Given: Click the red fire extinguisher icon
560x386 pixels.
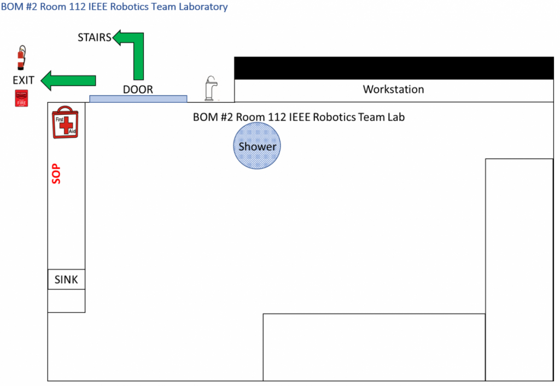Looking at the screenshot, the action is [21, 57].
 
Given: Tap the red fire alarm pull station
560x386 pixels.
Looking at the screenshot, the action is [21, 98].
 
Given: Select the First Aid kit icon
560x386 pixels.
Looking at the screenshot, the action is [66, 122].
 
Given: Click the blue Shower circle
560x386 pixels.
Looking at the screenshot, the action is [257, 145].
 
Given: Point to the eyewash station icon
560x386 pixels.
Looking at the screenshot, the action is [211, 88].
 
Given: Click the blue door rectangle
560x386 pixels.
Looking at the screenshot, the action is [138, 99].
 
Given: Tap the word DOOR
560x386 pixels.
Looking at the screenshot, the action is [138, 89].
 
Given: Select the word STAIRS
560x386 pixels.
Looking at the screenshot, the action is [95, 38].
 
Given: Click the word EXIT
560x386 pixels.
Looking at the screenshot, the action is [24, 80].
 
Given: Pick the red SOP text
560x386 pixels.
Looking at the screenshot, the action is [56, 174].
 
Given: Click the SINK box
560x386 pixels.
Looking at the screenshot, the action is [66, 279].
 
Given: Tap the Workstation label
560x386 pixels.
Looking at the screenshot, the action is [394, 89].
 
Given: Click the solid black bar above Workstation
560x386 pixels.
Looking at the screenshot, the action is [394, 68].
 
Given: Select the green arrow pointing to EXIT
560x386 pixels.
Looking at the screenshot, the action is [68, 80].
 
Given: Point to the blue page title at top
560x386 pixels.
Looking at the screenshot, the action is [114, 7].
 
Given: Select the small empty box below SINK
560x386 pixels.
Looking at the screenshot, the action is [66, 301].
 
